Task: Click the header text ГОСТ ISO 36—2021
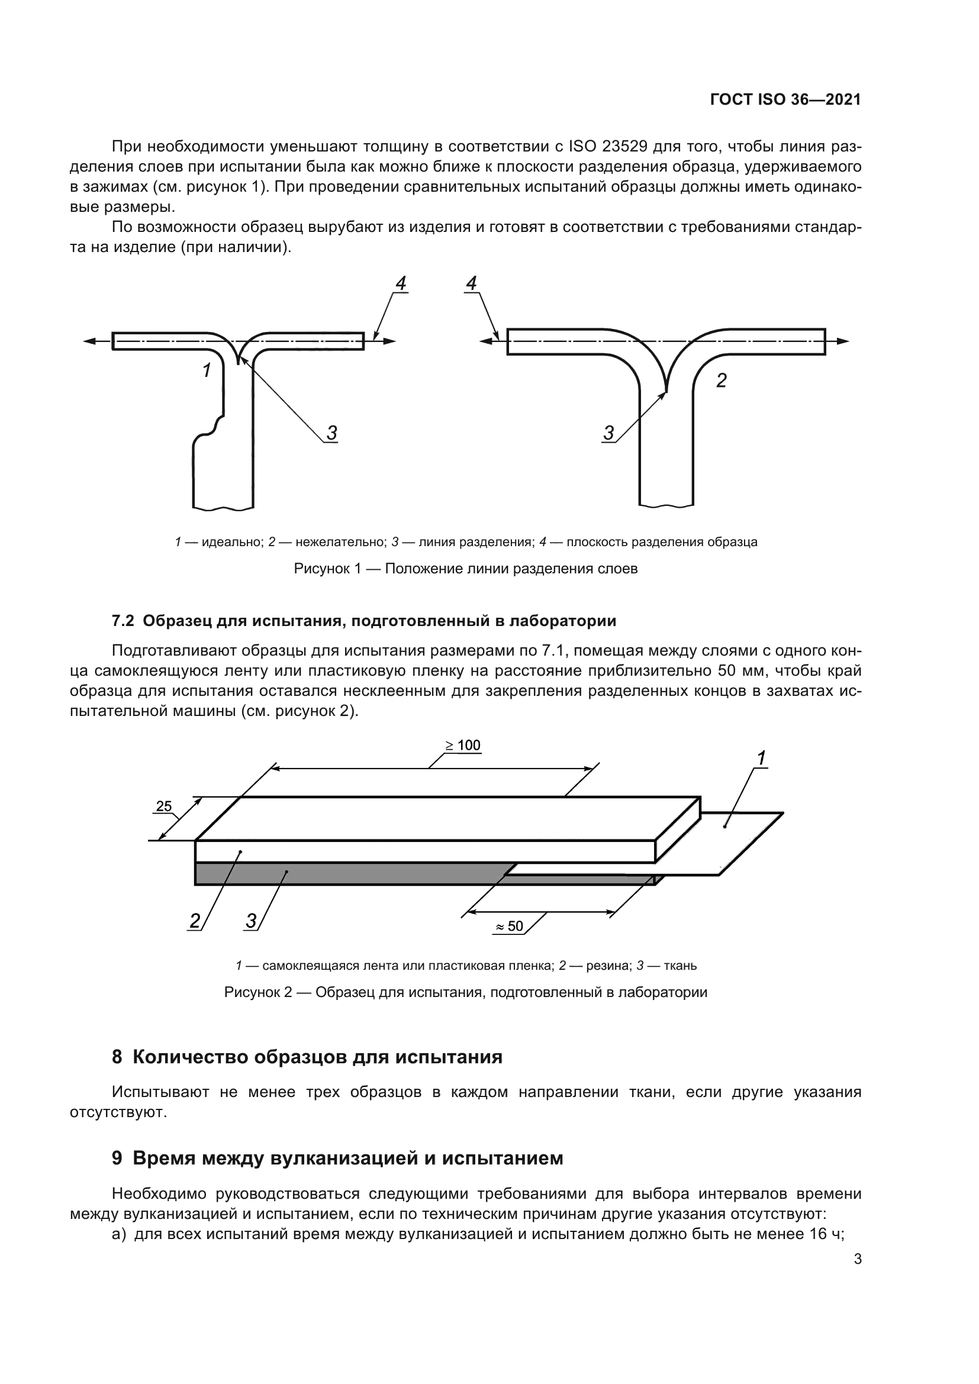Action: [785, 100]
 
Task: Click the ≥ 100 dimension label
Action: [463, 746]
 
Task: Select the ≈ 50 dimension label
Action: [510, 926]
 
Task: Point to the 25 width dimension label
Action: [164, 806]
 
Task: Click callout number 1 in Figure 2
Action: [761, 759]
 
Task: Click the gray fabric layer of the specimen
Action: [350, 873]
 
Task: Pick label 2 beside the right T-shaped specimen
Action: [721, 380]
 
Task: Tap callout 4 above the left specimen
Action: [401, 283]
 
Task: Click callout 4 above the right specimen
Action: [472, 283]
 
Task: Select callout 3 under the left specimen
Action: [331, 432]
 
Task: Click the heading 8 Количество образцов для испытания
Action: [307, 1057]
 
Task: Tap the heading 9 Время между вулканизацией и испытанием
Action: [337, 1158]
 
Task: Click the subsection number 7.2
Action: [124, 621]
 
